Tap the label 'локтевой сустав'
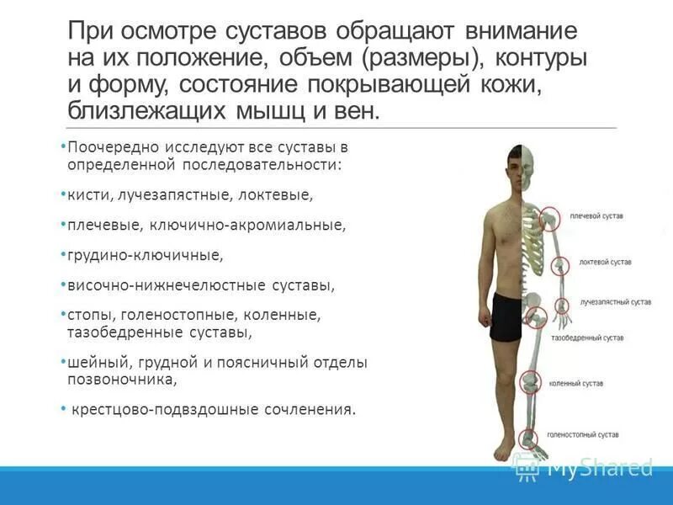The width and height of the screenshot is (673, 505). click(x=605, y=262)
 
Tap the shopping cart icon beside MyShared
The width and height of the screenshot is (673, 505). click(x=527, y=468)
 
